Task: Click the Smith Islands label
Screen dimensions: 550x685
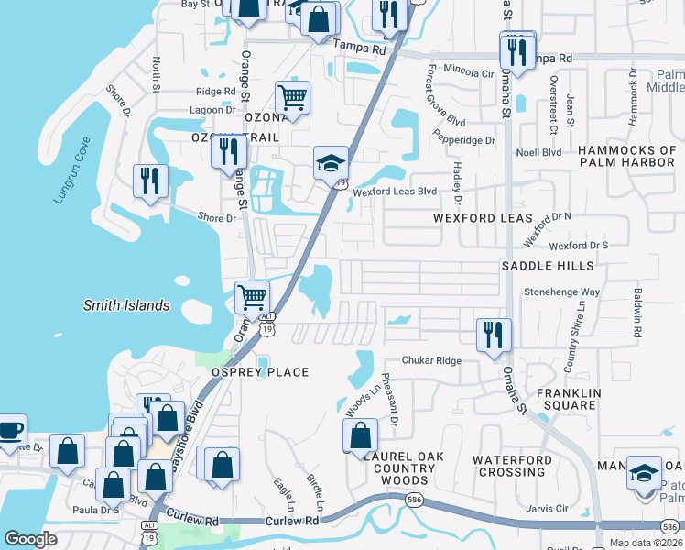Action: click(126, 305)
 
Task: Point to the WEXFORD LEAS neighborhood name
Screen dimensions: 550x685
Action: click(483, 218)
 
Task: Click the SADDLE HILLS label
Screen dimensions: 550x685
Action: click(548, 266)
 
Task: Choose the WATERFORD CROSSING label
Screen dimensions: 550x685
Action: click(512, 466)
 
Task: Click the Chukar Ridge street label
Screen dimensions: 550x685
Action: click(436, 360)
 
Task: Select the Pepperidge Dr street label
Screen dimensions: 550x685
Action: click(464, 141)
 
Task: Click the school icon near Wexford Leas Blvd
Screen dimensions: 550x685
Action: click(331, 164)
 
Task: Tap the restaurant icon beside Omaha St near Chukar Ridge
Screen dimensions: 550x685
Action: click(494, 335)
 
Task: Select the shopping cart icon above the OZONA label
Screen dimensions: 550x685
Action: click(292, 97)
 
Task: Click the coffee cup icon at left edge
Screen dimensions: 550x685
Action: click(10, 432)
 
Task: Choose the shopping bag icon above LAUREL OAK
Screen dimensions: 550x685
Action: click(362, 435)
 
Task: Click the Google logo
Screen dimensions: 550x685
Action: click(30, 539)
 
